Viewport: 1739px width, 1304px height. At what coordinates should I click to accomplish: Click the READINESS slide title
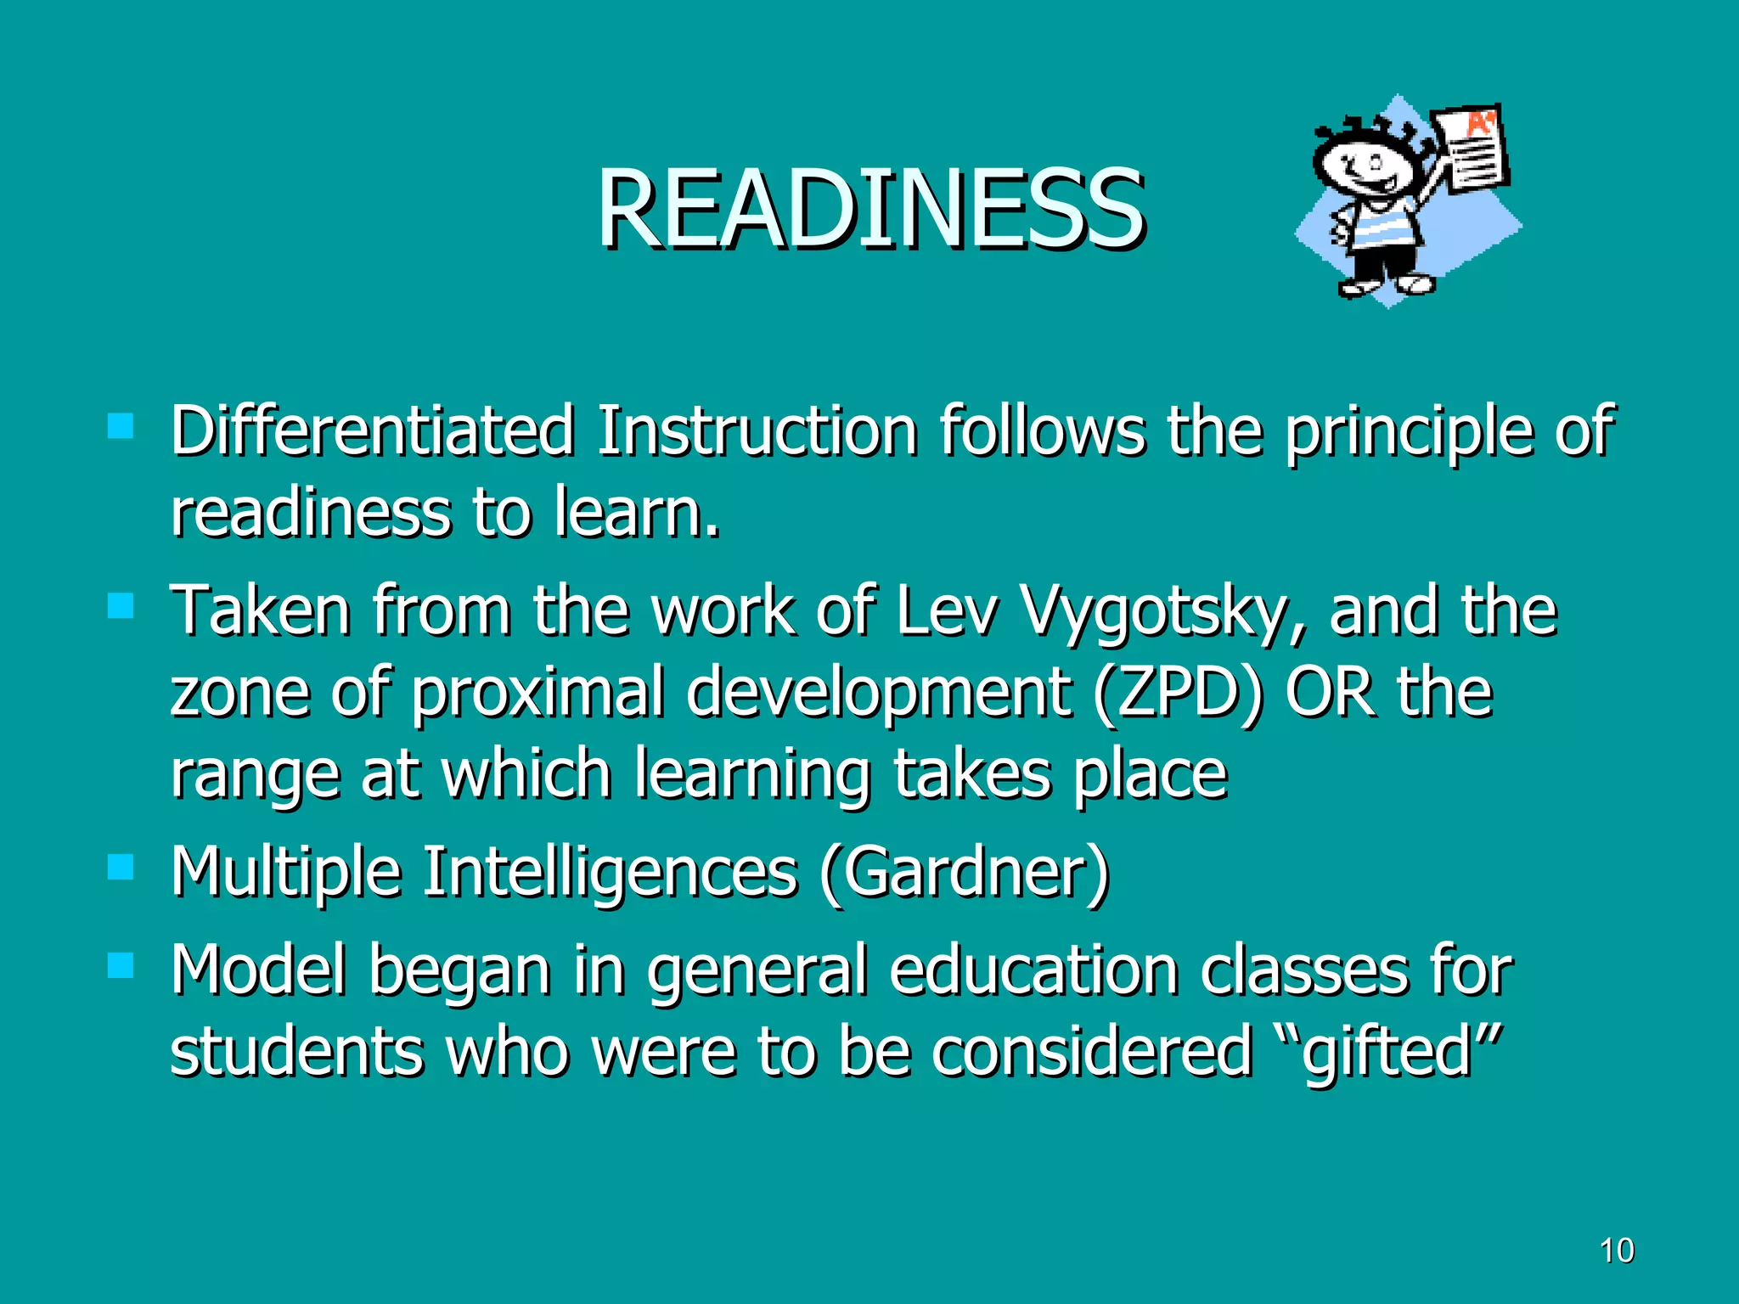click(x=870, y=209)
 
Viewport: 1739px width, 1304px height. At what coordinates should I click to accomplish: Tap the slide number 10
click(x=1617, y=1251)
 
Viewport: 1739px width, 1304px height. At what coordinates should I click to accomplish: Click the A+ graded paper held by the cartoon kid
click(x=1472, y=149)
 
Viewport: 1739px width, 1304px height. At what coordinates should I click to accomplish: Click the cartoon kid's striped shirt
click(x=1384, y=228)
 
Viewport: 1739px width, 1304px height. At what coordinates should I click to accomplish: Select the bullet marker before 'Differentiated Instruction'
click(x=121, y=425)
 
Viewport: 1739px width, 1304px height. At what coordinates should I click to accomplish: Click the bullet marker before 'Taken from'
click(x=121, y=606)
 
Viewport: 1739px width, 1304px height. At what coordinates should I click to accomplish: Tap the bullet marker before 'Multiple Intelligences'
click(x=121, y=867)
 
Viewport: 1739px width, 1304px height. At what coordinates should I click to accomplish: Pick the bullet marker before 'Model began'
click(x=121, y=965)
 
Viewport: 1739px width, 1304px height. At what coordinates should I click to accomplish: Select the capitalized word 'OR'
click(x=1330, y=691)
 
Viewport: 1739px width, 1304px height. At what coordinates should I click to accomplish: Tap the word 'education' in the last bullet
click(x=1034, y=970)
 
